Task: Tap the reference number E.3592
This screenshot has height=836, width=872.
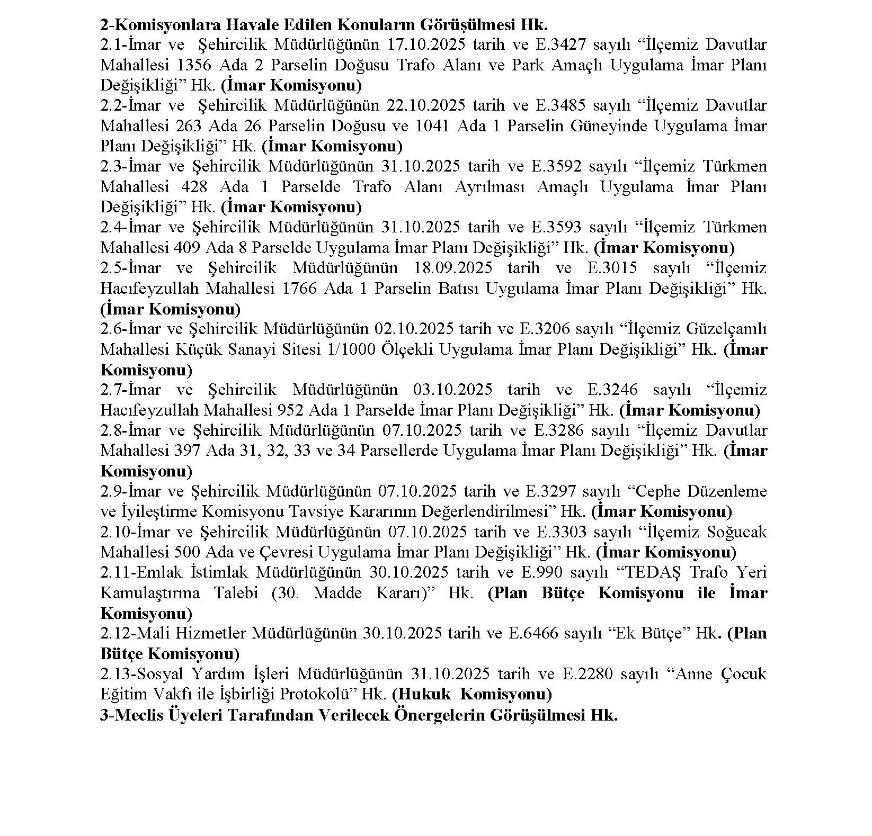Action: pyautogui.click(x=556, y=166)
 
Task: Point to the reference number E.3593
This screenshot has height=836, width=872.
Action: pyautogui.click(x=556, y=227)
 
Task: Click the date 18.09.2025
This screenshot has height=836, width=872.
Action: pyautogui.click(x=452, y=268)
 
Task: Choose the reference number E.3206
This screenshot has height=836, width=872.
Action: pyautogui.click(x=549, y=329)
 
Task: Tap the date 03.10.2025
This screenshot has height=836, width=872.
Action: pyautogui.click(x=452, y=390)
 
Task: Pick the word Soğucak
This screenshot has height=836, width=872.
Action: pyautogui.click(x=736, y=532)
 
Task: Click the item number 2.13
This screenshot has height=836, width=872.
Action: pyautogui.click(x=115, y=674)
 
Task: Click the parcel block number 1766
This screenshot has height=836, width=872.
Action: pyautogui.click(x=300, y=289)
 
